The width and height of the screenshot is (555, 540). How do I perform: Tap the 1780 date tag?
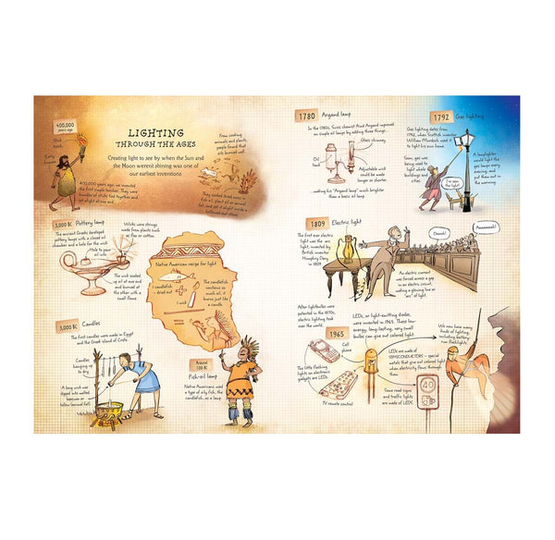tap(307, 117)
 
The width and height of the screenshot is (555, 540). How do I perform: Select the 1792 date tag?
tap(440, 117)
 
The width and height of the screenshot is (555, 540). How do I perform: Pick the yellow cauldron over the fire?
tap(109, 408)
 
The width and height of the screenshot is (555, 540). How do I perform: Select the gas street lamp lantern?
tap(465, 140)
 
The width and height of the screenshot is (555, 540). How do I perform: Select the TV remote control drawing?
tap(340, 384)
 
